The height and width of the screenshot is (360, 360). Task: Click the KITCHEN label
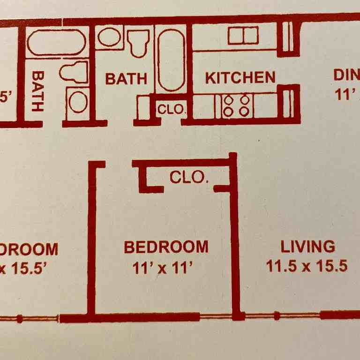tap(240, 77)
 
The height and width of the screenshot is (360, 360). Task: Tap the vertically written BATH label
tap(38, 90)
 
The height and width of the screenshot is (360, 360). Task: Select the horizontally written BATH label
tap(126, 78)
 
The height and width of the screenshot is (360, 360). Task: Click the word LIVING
tap(307, 246)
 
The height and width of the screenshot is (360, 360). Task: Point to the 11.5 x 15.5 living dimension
tap(307, 266)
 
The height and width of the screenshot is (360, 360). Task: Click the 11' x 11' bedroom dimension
tap(163, 268)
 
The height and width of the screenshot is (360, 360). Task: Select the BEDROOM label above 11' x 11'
tap(166, 247)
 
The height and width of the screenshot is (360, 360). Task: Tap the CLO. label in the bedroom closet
tap(188, 177)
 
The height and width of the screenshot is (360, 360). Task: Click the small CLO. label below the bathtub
tap(172, 110)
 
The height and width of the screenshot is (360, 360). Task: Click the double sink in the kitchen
tap(243, 36)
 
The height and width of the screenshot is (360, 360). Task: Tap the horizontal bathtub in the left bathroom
tap(56, 42)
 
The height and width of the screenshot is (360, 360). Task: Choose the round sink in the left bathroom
tap(78, 102)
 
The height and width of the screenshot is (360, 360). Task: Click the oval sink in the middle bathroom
tap(110, 37)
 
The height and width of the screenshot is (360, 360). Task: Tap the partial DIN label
tap(346, 75)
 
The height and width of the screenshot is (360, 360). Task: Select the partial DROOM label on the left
tap(29, 249)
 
